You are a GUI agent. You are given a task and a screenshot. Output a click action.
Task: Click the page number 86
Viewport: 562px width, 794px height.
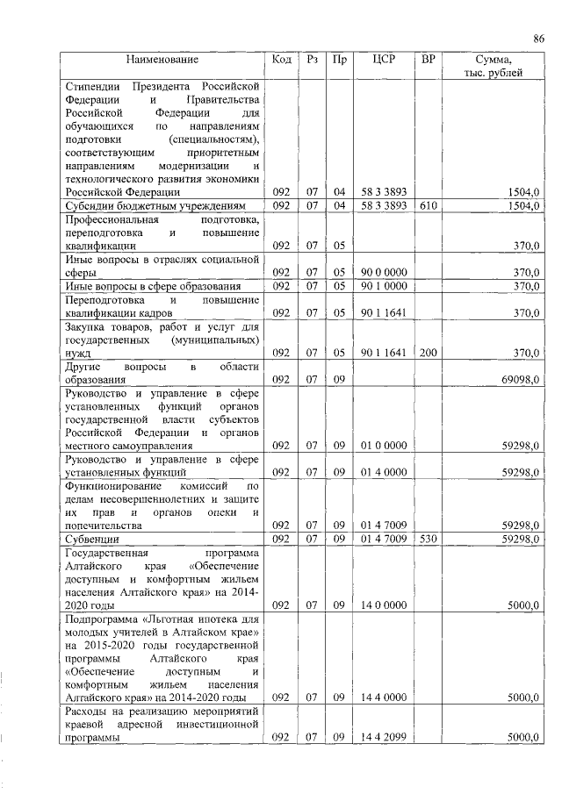click(538, 38)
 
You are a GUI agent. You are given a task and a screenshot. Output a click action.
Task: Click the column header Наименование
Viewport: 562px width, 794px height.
click(162, 60)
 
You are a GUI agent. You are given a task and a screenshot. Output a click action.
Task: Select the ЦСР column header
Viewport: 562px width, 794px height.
click(384, 60)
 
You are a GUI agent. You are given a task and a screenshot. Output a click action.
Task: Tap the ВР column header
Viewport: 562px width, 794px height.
click(428, 60)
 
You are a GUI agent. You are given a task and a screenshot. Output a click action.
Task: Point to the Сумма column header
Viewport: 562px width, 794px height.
click(493, 60)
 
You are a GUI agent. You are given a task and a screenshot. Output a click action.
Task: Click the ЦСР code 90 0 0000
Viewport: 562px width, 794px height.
click(384, 273)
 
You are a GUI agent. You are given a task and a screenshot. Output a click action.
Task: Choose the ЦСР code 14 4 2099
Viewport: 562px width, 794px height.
click(384, 738)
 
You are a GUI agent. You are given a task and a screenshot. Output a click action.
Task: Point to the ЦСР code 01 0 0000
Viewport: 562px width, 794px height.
click(384, 446)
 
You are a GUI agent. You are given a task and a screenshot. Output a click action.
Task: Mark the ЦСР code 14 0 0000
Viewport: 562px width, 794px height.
click(384, 604)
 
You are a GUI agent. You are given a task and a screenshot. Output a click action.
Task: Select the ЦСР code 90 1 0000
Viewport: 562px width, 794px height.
click(384, 286)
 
